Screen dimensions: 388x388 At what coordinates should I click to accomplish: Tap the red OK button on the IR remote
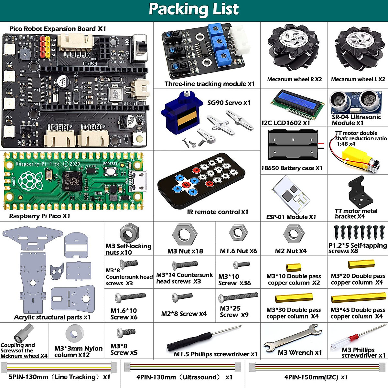tap(186, 185)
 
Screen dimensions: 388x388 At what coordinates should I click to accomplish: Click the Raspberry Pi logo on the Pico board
tap(30, 180)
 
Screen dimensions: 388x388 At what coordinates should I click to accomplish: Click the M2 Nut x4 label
tap(291, 251)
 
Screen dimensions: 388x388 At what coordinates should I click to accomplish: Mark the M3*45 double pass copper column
tap(358, 298)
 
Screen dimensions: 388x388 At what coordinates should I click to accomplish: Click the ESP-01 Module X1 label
tap(291, 217)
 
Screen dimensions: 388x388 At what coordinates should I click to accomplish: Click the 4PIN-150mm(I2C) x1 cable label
tap(316, 377)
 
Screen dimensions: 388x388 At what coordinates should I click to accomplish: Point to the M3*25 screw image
tap(238, 297)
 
